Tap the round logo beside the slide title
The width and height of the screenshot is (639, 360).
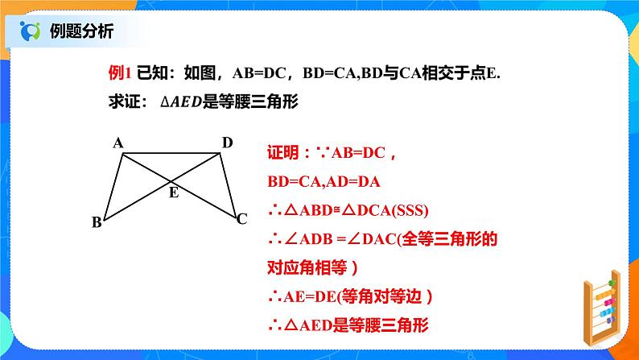tap(31, 31)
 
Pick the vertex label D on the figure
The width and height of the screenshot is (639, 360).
tap(227, 143)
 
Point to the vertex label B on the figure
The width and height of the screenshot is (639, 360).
tap(97, 223)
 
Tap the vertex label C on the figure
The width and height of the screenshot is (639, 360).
tap(241, 218)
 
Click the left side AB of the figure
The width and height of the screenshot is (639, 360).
tap(113, 186)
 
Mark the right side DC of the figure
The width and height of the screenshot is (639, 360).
tap(228, 185)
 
